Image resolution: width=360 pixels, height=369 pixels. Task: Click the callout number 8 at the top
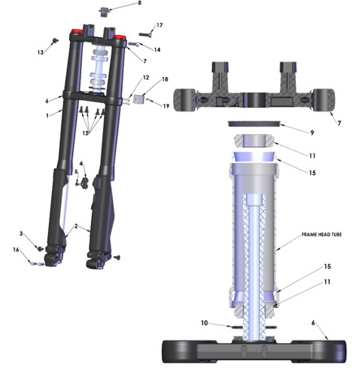pyautogui.click(x=140, y=3)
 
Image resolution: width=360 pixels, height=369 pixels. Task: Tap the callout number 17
pyautogui.click(x=159, y=25)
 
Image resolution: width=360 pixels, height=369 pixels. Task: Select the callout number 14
pyautogui.click(x=157, y=50)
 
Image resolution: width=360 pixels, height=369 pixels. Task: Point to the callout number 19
pyautogui.click(x=166, y=106)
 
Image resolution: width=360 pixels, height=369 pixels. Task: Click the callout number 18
pyautogui.click(x=165, y=80)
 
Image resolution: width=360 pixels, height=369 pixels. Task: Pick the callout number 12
pyautogui.click(x=145, y=78)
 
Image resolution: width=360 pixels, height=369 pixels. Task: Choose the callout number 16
pyautogui.click(x=16, y=250)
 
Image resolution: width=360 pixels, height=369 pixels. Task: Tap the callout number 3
pyautogui.click(x=21, y=233)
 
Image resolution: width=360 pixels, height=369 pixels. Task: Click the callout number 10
pyautogui.click(x=204, y=323)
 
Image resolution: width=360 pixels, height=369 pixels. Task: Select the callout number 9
pyautogui.click(x=312, y=132)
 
